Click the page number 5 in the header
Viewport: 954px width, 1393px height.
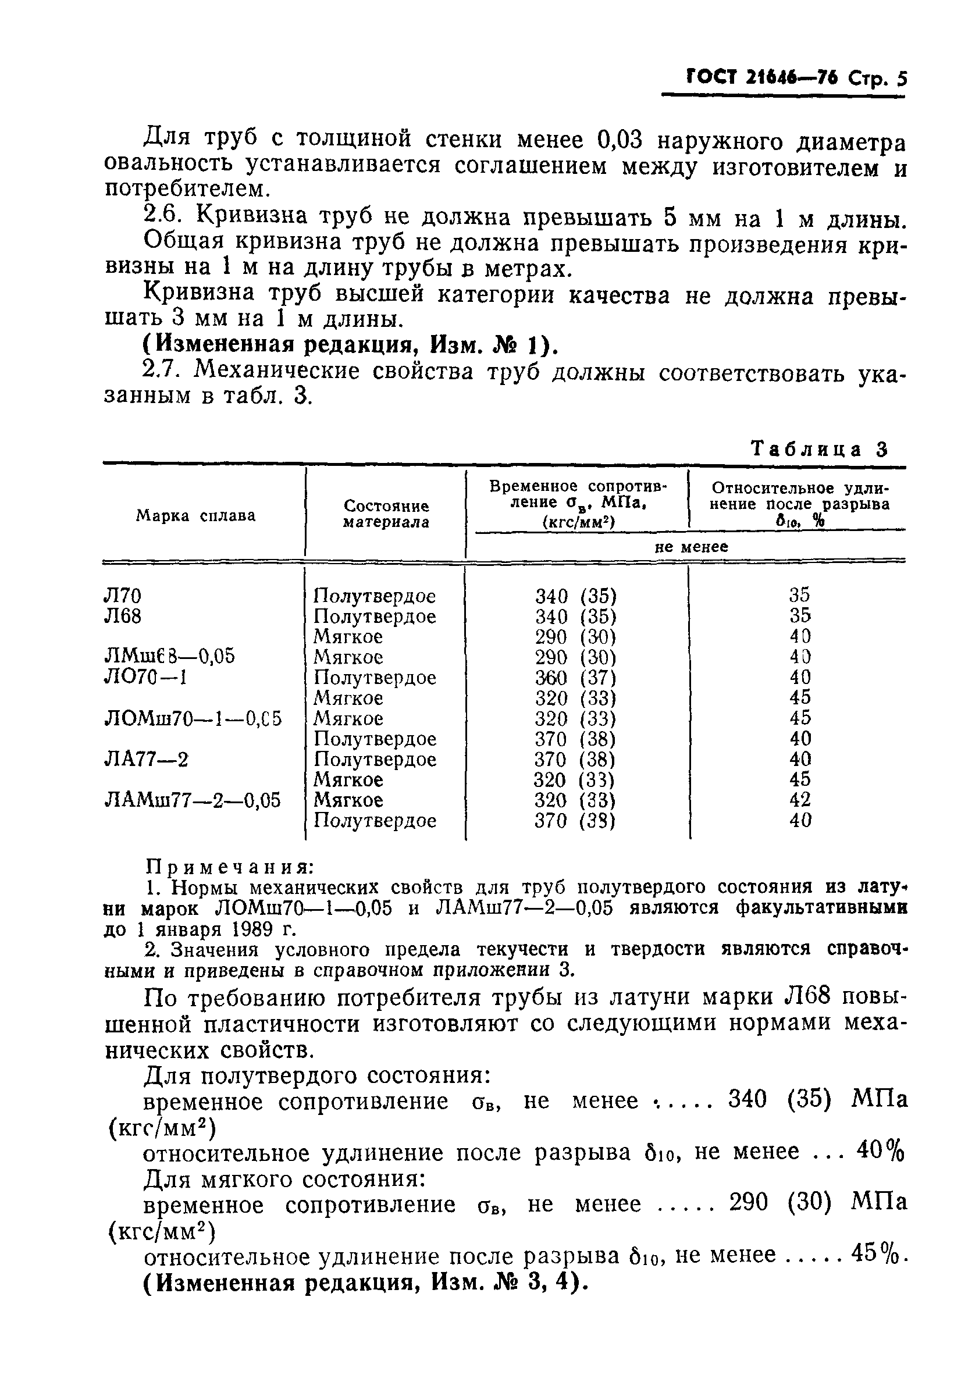pyautogui.click(x=901, y=80)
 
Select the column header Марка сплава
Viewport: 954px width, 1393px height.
pyautogui.click(x=195, y=515)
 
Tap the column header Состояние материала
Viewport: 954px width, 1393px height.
pyautogui.click(x=386, y=514)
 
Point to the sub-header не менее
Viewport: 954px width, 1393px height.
pyautogui.click(x=690, y=547)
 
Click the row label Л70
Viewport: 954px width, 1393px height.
pyautogui.click(x=123, y=596)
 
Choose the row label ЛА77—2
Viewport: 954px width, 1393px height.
pyautogui.click(x=147, y=760)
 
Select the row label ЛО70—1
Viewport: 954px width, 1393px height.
pyautogui.click(x=145, y=678)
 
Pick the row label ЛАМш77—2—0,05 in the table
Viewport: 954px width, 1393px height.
pyautogui.click(x=193, y=800)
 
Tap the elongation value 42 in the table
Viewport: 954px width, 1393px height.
pyautogui.click(x=800, y=800)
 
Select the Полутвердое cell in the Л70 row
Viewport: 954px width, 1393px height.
pyautogui.click(x=375, y=596)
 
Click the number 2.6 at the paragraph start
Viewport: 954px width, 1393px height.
pyautogui.click(x=162, y=215)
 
